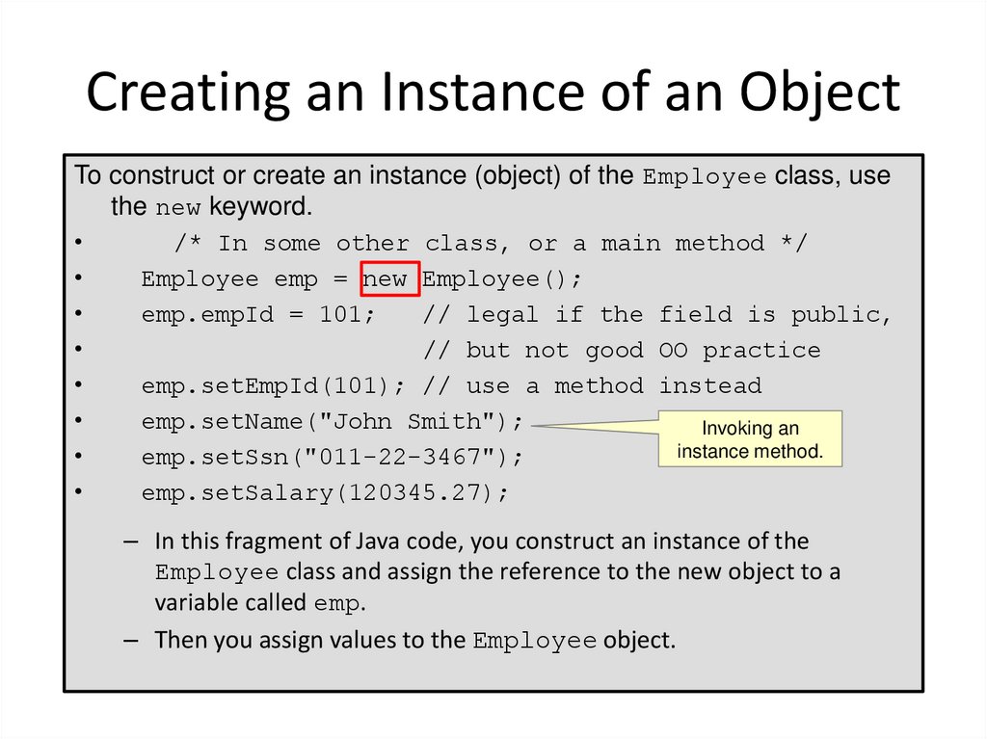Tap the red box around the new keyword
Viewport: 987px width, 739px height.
pyautogui.click(x=389, y=278)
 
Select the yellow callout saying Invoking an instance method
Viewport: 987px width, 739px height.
pyautogui.click(x=750, y=439)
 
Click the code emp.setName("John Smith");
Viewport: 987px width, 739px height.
pyautogui.click(x=333, y=422)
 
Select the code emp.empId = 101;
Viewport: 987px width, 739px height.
pyautogui.click(x=257, y=315)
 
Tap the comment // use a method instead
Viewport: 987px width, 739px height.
pyautogui.click(x=592, y=386)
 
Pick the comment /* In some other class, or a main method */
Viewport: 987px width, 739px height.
pyautogui.click(x=491, y=244)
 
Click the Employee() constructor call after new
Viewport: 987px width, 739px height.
pyautogui.click(x=502, y=279)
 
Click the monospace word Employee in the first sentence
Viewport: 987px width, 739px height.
pyautogui.click(x=705, y=177)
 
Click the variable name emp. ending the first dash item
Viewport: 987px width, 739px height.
pyautogui.click(x=340, y=605)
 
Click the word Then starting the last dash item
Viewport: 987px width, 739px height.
pyautogui.click(x=181, y=640)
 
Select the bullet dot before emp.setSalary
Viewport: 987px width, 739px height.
pyautogui.click(x=76, y=493)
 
